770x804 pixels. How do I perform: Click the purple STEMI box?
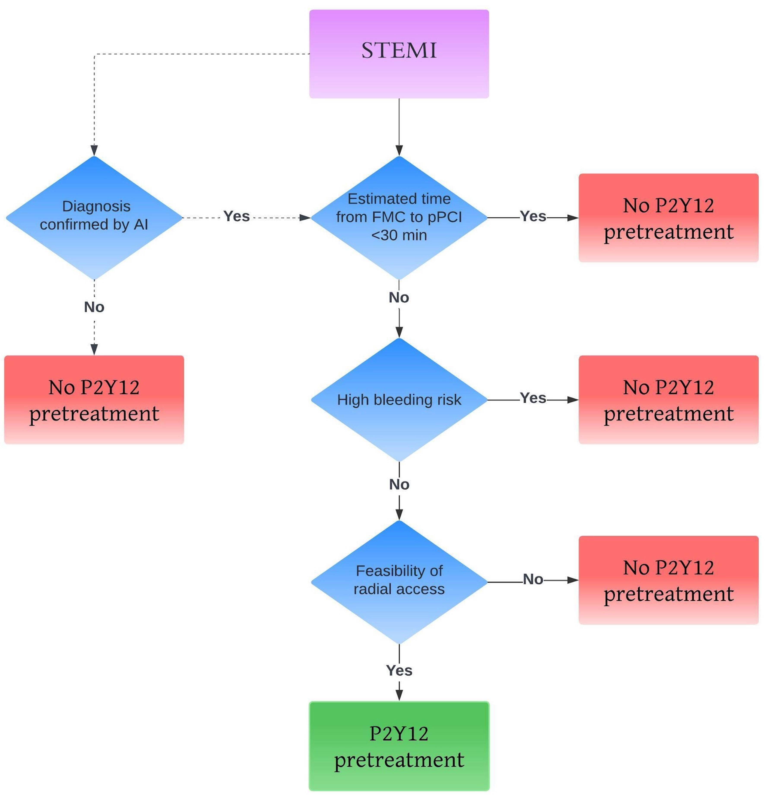pyautogui.click(x=399, y=54)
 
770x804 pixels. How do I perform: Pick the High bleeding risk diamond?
pyautogui.click(x=399, y=400)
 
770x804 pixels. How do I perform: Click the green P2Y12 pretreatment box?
pyautogui.click(x=399, y=746)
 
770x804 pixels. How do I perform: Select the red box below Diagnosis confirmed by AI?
pyautogui.click(x=94, y=400)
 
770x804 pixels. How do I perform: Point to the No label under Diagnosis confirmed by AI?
pyautogui.click(x=94, y=307)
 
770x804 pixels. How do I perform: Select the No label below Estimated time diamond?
pyautogui.click(x=399, y=298)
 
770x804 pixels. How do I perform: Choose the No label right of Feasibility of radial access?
pyautogui.click(x=532, y=579)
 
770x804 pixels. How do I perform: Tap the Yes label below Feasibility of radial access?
pyautogui.click(x=399, y=670)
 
